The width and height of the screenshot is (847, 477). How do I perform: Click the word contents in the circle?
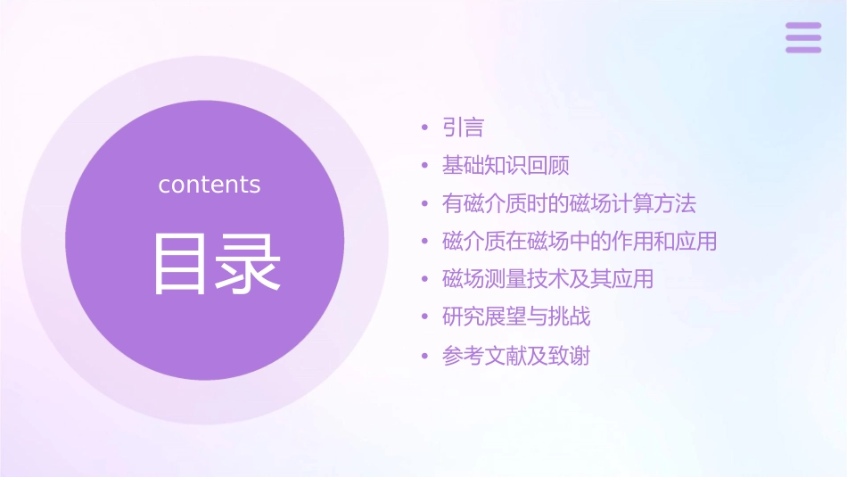tap(210, 185)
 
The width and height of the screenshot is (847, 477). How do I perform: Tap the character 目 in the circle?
tap(178, 264)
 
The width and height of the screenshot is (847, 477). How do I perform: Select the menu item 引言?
tap(463, 128)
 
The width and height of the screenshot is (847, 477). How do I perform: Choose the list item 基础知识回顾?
tap(506, 166)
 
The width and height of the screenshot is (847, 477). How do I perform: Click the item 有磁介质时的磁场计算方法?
tap(569, 204)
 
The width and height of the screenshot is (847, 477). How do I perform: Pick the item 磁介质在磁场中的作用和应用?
tap(580, 242)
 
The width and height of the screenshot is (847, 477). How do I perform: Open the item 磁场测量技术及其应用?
tap(547, 279)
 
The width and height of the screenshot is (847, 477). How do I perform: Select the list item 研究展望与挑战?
tap(516, 317)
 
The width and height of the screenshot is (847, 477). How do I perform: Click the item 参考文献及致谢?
tap(516, 357)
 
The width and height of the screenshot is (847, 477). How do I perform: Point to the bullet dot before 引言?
tap(425, 128)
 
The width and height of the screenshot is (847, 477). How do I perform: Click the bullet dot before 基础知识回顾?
tap(425, 166)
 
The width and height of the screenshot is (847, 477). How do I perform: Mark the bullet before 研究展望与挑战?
tap(425, 317)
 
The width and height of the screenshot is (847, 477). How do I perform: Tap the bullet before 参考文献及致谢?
tap(425, 357)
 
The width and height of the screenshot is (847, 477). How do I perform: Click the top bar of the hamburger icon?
tap(803, 26)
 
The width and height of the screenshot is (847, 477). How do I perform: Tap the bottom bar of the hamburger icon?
tap(803, 50)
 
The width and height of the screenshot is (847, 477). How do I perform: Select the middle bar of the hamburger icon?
tap(803, 37)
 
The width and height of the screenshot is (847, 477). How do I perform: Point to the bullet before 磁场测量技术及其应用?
tap(425, 280)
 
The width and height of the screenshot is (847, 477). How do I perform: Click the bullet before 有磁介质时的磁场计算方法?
tap(425, 204)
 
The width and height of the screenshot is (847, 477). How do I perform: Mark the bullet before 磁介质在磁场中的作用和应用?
tap(425, 242)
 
